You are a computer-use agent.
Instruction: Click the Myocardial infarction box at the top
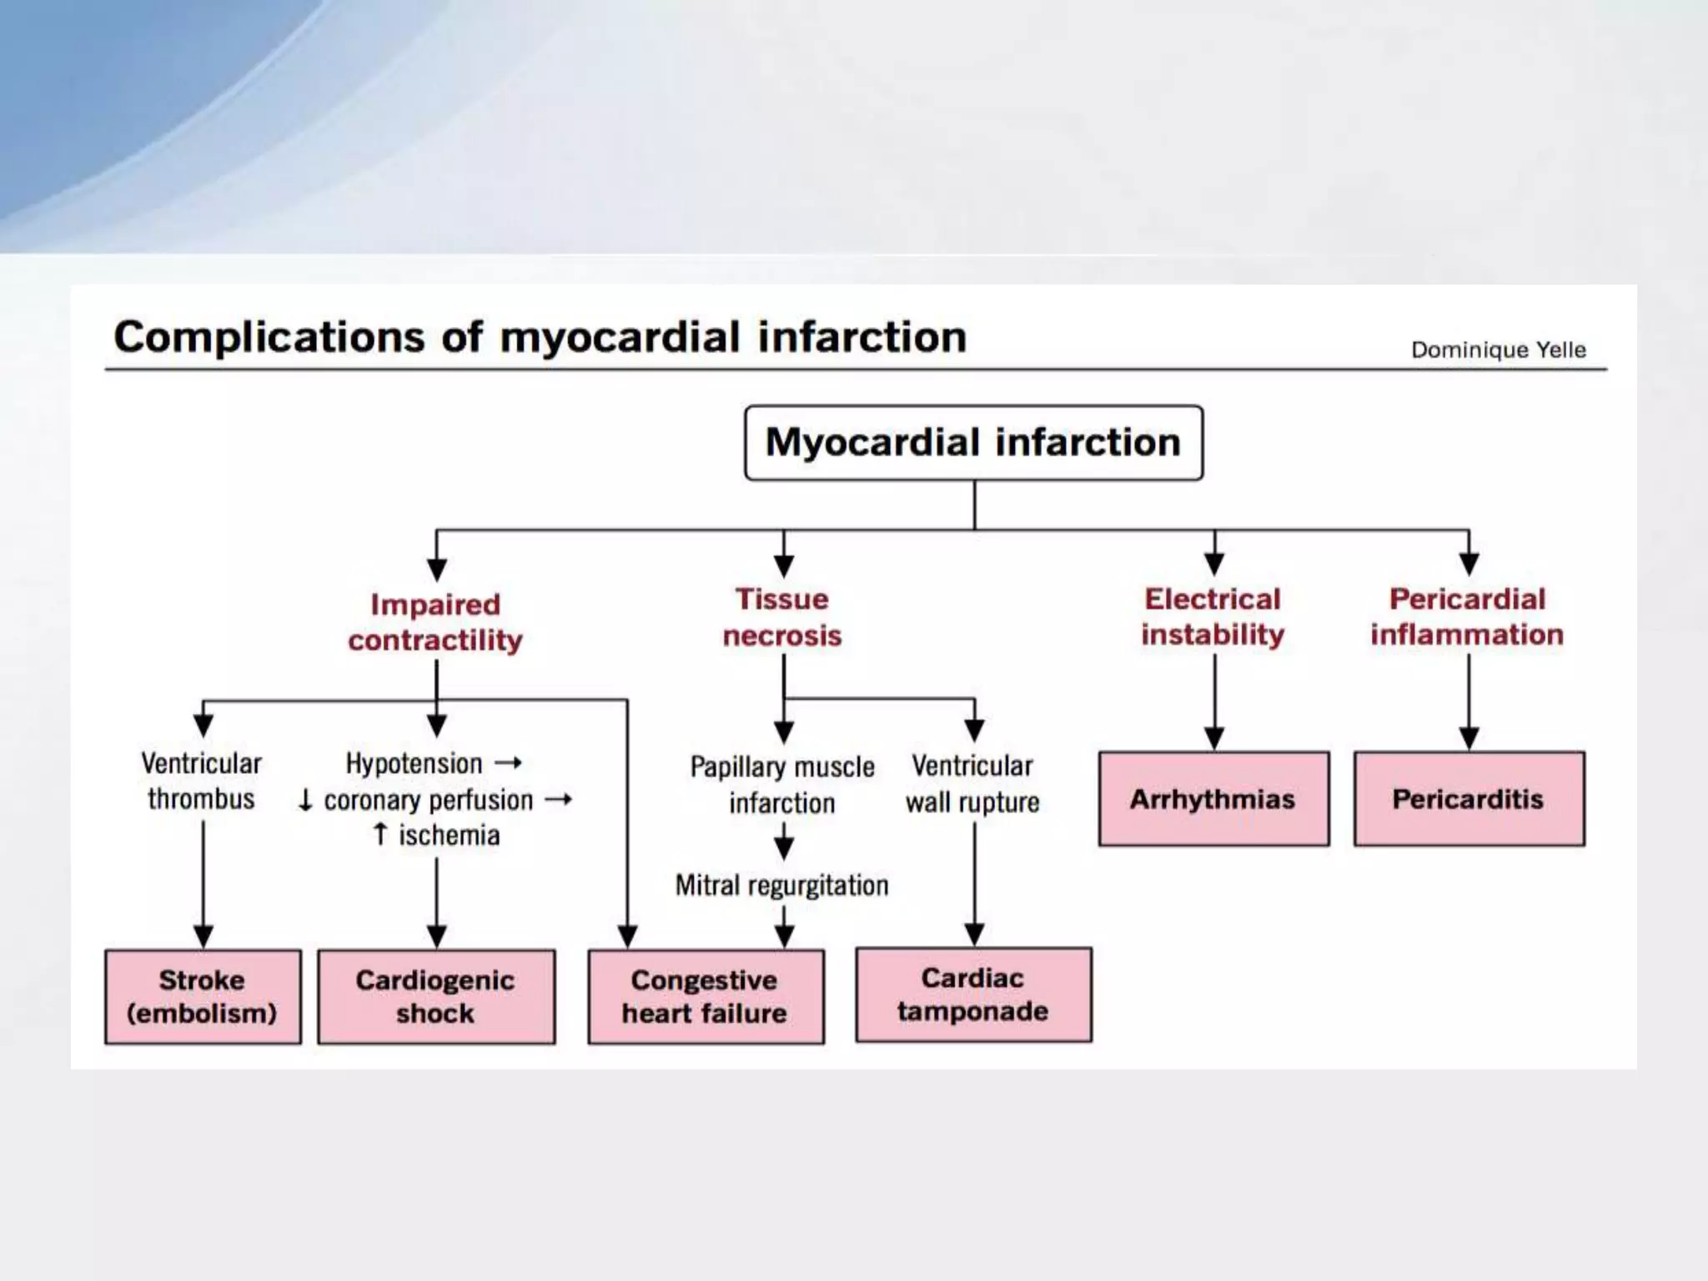point(973,443)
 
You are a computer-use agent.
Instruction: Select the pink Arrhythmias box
point(1213,799)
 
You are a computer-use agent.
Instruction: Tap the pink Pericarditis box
point(1469,799)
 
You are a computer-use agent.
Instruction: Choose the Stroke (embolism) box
point(203,996)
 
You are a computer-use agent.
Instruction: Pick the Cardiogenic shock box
point(435,996)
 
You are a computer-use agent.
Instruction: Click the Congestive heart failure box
point(706,996)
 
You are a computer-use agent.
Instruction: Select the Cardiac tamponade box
point(973,994)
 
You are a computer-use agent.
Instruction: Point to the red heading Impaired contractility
point(435,622)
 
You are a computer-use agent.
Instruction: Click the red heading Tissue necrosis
point(782,617)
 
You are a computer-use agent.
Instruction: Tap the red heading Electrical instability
point(1213,616)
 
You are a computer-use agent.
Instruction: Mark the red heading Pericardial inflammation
point(1467,616)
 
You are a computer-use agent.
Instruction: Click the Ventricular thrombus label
point(201,781)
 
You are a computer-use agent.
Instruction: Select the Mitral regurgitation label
point(782,885)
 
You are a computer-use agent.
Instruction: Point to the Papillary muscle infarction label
point(782,785)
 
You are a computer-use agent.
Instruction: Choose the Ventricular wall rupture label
point(972,784)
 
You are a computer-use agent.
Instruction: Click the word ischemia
point(449,835)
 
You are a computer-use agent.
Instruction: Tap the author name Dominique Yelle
point(1498,349)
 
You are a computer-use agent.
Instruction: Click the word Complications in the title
point(269,337)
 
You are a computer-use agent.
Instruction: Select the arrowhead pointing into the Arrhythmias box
point(1214,739)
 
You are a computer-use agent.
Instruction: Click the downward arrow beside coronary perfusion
point(305,800)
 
